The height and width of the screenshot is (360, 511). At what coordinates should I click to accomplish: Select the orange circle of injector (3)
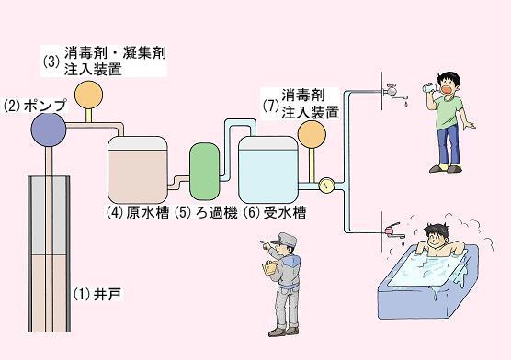click(x=88, y=94)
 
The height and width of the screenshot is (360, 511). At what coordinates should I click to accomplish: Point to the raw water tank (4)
click(x=138, y=168)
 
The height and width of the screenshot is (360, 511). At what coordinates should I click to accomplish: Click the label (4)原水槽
click(x=138, y=211)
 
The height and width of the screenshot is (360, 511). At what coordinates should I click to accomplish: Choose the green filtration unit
click(x=202, y=168)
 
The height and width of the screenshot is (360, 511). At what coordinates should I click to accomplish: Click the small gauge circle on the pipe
click(x=325, y=185)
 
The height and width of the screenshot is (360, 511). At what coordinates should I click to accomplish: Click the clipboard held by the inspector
click(x=270, y=269)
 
